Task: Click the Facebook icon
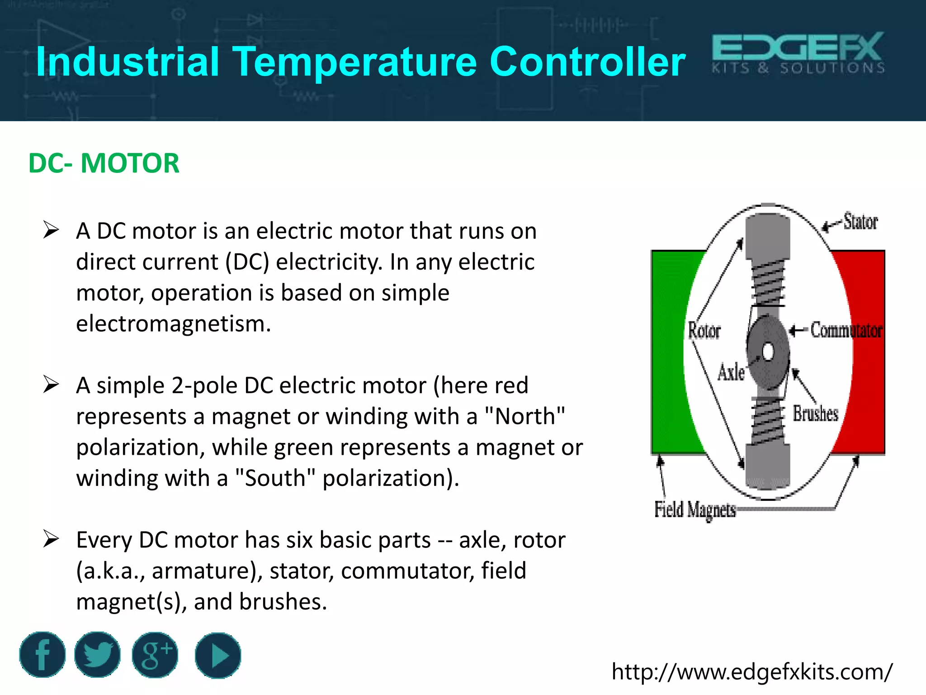(x=43, y=655)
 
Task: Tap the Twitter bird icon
(x=97, y=655)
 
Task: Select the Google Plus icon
(x=155, y=655)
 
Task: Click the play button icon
(x=218, y=655)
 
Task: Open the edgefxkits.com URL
(x=752, y=672)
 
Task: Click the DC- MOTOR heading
(x=104, y=163)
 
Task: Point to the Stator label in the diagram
(x=860, y=222)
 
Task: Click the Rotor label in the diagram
(x=704, y=331)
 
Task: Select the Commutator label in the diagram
(x=846, y=330)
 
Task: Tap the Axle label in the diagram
(x=731, y=372)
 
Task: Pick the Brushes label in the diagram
(x=815, y=414)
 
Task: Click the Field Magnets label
(x=695, y=509)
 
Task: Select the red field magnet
(x=868, y=353)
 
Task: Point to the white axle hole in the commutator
(x=768, y=352)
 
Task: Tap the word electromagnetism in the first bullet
(x=173, y=324)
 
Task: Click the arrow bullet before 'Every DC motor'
(x=51, y=539)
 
